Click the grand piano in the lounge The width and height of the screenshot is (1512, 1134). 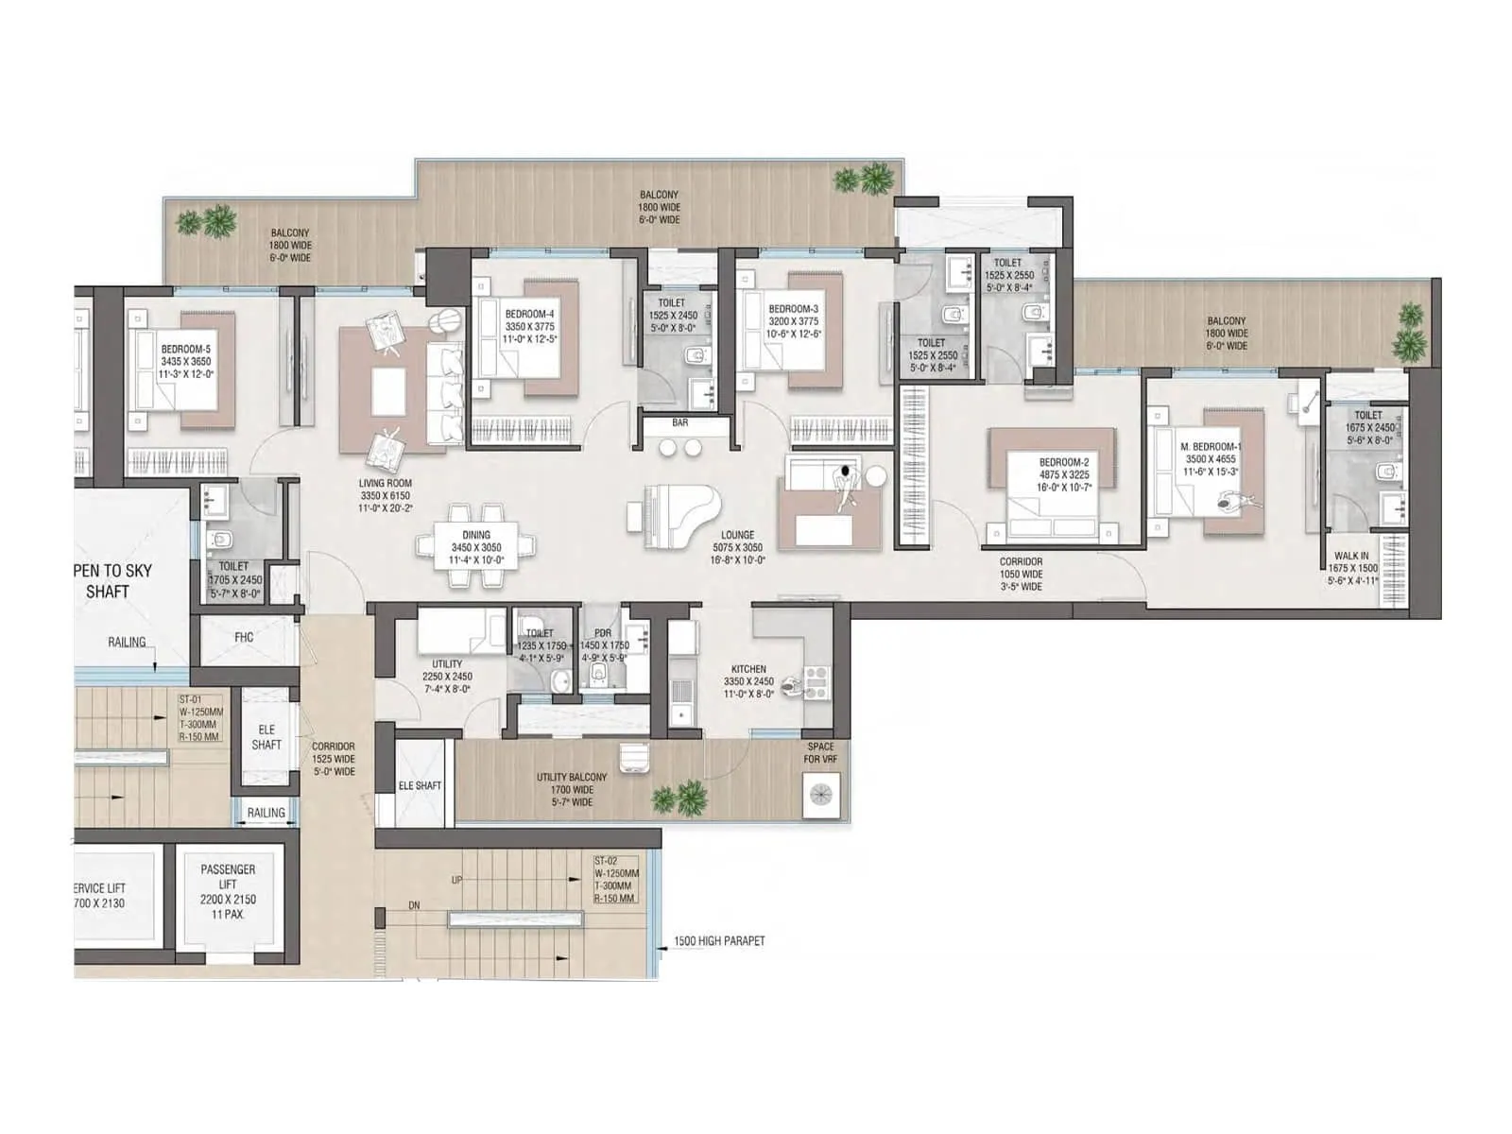673,516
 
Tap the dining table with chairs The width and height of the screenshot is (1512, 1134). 475,547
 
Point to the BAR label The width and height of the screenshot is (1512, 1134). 679,422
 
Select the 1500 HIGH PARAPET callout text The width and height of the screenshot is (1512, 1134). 719,941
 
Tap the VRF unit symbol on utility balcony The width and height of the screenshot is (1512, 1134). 819,793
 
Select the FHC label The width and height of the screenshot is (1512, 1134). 244,638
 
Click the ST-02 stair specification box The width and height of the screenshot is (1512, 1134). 616,880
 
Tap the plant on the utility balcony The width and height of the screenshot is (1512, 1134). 680,798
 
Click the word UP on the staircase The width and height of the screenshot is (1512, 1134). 457,880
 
